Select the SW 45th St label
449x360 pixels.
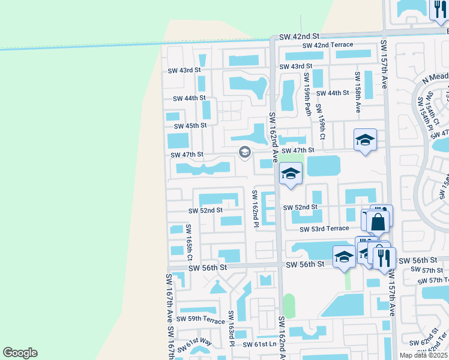190,126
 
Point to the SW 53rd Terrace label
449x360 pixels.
325,229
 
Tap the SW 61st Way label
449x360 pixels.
198,343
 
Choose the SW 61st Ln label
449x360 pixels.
260,344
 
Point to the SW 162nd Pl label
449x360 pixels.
255,209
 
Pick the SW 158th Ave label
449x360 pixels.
357,92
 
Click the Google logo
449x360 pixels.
20,353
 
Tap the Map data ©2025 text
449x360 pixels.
424,355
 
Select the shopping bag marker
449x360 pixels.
379,222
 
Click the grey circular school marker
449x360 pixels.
244,152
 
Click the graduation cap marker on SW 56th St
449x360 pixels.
344,257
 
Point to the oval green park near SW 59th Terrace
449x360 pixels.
289,306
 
